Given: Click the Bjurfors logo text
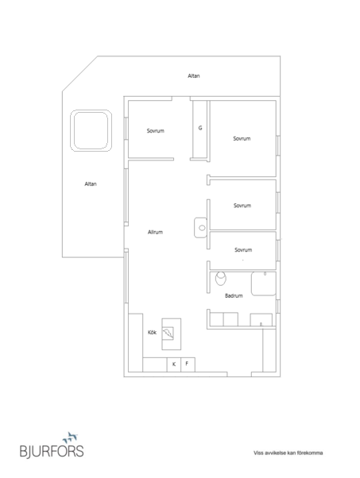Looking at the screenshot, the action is coord(52,451).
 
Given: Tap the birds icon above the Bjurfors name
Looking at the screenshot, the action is coord(70,438).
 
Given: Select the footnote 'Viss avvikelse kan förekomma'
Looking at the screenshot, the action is coord(288,453).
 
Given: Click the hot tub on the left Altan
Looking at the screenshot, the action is coord(91,131).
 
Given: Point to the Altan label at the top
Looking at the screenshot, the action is coord(194,76).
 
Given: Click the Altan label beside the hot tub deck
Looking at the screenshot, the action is coord(91,184).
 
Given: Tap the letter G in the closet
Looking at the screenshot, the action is coord(200,128).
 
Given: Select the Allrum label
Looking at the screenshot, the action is coord(155,232).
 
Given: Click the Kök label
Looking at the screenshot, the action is coord(152,332).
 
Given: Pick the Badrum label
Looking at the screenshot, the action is coord(234,295).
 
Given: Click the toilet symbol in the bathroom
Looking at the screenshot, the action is coord(221,279).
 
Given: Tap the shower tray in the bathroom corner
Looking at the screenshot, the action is coord(264,283).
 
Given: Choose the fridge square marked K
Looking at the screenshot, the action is coord(174,364).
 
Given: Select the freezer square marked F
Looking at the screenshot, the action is coord(188,364).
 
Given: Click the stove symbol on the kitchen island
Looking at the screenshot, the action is coord(168,333).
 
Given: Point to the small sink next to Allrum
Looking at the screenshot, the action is coord(201,227).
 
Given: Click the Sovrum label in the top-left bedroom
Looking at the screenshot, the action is coord(156,131).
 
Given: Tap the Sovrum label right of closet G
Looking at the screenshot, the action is coord(242,139).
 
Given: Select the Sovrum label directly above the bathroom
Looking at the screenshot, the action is coord(243,250).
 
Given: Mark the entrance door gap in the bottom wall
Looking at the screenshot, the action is coord(239,374).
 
